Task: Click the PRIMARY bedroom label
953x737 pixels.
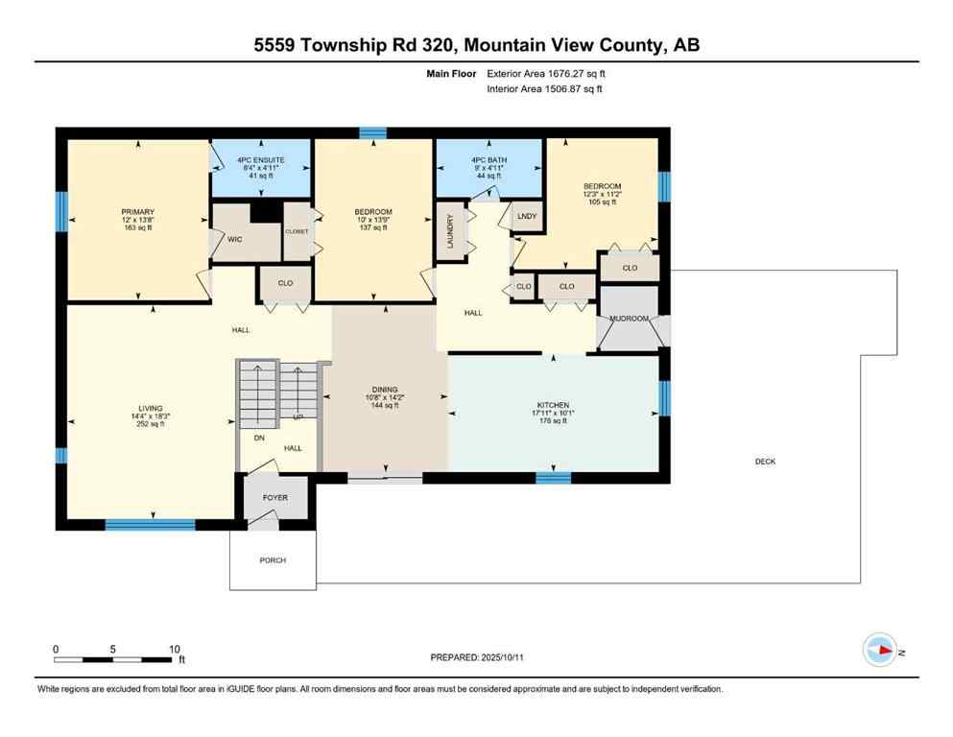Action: click(x=138, y=211)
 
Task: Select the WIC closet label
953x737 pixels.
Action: click(x=233, y=240)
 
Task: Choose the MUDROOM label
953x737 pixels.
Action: click(x=630, y=319)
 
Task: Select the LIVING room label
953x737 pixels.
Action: click(x=150, y=409)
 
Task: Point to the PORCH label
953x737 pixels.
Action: click(x=273, y=560)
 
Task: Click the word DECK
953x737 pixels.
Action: click(x=765, y=462)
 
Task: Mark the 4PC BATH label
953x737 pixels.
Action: click(x=489, y=158)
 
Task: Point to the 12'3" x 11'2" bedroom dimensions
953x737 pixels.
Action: click(x=602, y=196)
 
